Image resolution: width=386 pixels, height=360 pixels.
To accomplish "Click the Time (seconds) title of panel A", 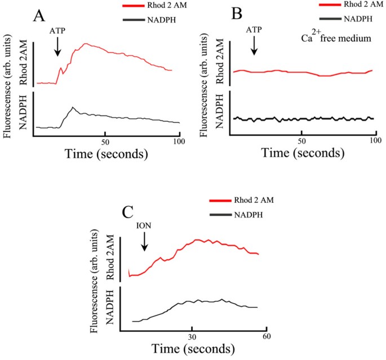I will pyautogui.click(x=106, y=153).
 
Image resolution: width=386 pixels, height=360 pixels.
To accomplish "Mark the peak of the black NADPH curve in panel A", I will pyautogui.click(x=72, y=107).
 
